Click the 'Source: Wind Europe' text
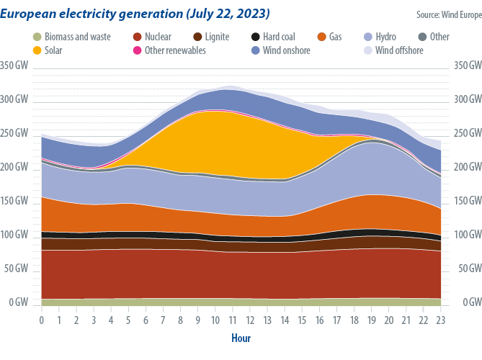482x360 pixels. (447, 14)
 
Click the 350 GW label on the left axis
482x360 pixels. (14, 66)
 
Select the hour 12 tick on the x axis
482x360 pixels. (250, 320)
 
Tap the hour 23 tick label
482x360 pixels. (441, 320)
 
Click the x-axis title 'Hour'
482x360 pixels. (241, 338)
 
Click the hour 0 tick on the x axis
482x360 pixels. (42, 320)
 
